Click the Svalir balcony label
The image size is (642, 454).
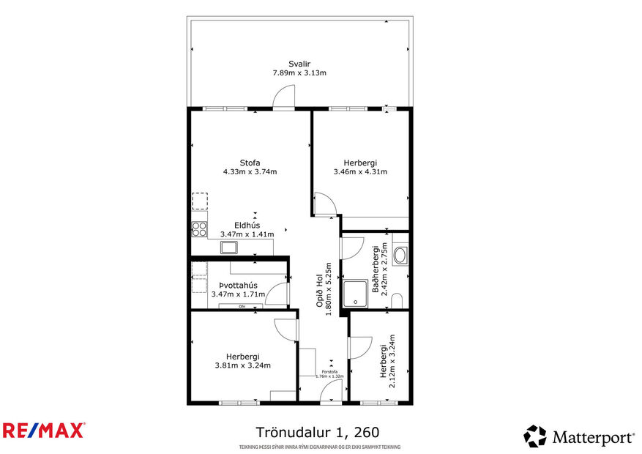click(299, 64)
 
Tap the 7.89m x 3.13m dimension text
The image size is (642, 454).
click(299, 73)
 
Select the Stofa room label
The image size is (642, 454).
click(250, 163)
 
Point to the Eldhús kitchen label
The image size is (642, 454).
click(247, 225)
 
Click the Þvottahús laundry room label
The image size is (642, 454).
click(237, 285)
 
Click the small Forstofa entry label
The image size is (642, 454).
click(329, 372)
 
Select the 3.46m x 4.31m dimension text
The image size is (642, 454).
click(359, 172)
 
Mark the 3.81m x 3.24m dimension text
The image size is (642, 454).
click(243, 365)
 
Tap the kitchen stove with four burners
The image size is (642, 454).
click(198, 230)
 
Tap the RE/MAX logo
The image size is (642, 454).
click(44, 431)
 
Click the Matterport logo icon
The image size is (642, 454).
click(535, 436)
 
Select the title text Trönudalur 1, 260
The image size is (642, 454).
click(318, 433)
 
